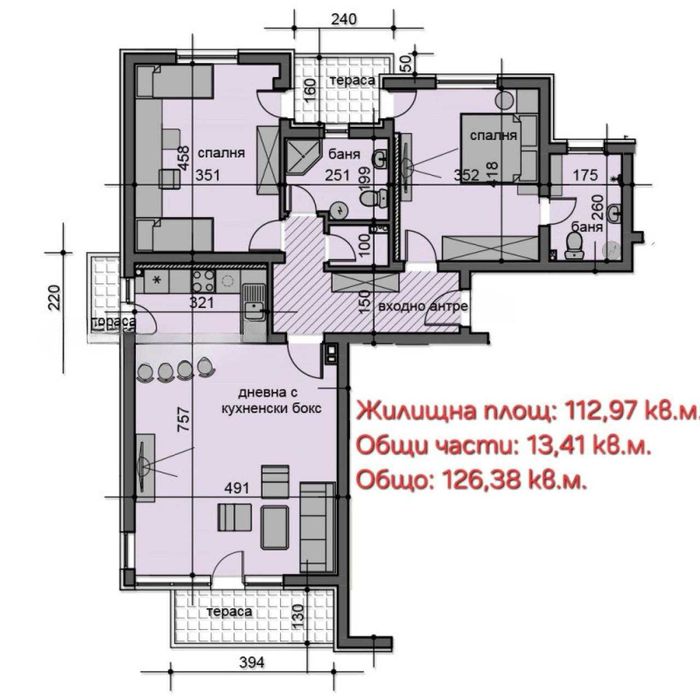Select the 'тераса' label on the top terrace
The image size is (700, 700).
pos(354,79)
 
